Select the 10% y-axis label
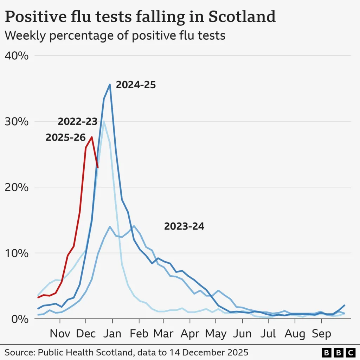tap(17, 253)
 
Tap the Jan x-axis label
tap(112, 333)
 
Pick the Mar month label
tap(163, 333)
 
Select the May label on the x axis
tap(216, 333)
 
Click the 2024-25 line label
tap(136, 85)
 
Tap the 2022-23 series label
tap(77, 122)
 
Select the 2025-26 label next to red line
tap(65, 138)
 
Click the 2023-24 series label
tap(184, 227)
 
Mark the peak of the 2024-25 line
tap(110, 84)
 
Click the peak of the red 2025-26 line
tap(92, 137)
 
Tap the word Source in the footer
tap(18, 352)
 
